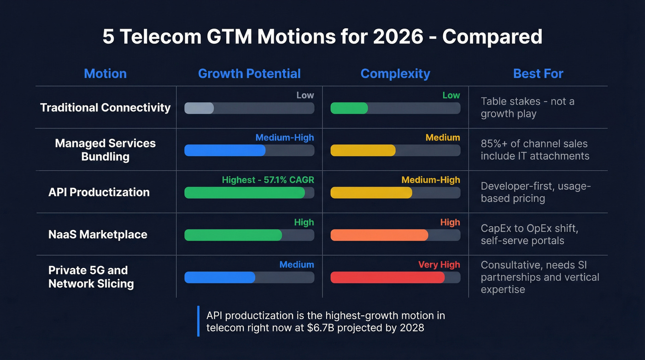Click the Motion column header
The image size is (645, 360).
click(105, 74)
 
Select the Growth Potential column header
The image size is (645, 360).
click(249, 74)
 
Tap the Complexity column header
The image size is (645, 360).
click(395, 74)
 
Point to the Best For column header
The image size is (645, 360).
click(538, 74)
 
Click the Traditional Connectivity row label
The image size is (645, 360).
click(106, 108)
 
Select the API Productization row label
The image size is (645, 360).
click(99, 192)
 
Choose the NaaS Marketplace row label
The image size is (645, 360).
click(98, 235)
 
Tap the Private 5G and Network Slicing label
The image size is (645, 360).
click(91, 277)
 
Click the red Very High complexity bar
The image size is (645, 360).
click(387, 277)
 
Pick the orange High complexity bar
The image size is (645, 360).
click(379, 235)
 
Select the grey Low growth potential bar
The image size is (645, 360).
click(199, 108)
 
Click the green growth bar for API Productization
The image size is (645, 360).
click(245, 193)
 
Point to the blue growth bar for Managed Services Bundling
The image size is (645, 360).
click(225, 150)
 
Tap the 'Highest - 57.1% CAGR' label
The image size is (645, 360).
click(268, 180)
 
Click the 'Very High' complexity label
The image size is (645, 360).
click(439, 265)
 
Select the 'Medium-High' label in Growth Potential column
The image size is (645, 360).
click(285, 137)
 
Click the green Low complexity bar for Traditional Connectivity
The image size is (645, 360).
click(349, 108)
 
